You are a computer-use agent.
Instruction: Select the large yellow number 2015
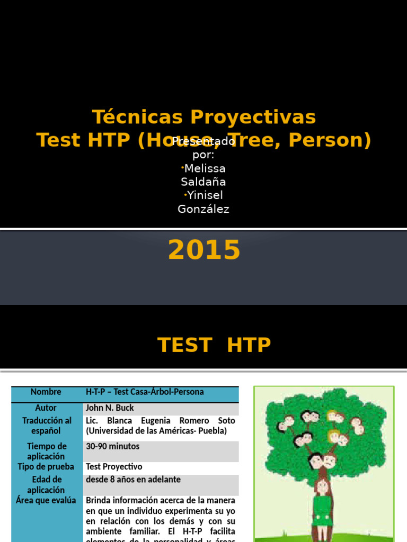coord(204,250)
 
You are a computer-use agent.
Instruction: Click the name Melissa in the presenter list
coord(205,168)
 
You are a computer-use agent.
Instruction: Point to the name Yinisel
coord(205,195)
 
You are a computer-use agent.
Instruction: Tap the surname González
coord(203,209)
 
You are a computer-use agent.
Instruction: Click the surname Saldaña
coord(203,182)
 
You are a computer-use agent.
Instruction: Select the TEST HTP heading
coord(214,345)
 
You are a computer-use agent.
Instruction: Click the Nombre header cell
coord(46,392)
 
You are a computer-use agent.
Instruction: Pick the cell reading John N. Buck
coord(110,408)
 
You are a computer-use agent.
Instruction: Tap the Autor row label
coord(46,408)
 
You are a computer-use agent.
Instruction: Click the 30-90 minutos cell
coord(113,446)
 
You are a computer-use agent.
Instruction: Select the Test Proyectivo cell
coord(114,467)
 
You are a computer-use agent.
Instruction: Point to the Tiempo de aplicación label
coord(47,451)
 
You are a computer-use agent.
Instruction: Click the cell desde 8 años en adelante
coord(133,480)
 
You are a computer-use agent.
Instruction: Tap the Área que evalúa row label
coord(46,500)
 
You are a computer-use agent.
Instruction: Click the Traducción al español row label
coord(46,426)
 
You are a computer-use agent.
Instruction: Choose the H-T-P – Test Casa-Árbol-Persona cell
coord(145,392)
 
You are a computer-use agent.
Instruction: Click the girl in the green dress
coord(322,505)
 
